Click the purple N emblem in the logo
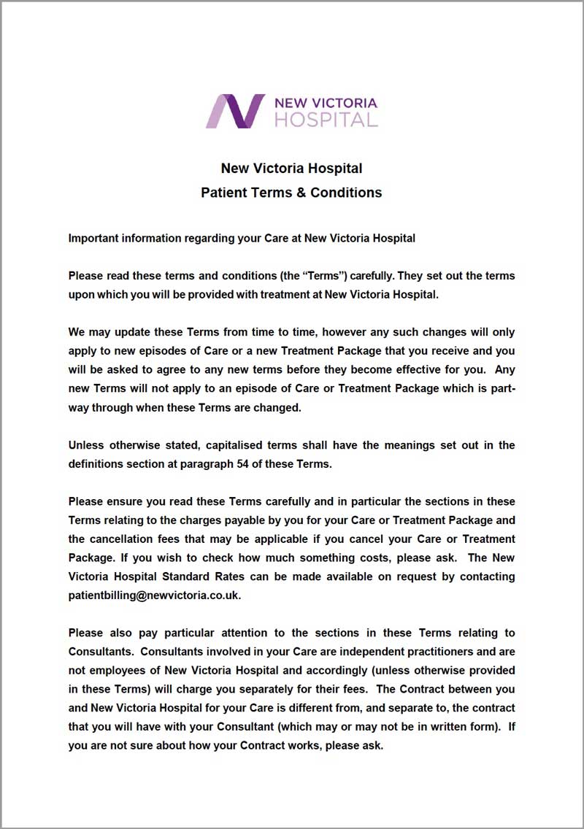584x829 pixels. [235, 111]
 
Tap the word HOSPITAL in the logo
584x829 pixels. [326, 120]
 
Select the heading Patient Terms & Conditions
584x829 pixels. [291, 193]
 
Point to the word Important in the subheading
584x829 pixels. [95, 238]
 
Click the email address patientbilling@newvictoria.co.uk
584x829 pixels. [153, 595]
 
